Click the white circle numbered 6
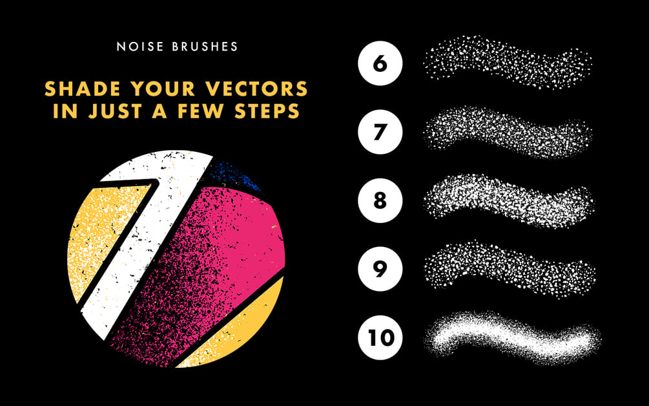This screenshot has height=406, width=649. pyautogui.click(x=380, y=63)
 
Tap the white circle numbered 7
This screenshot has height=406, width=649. pyautogui.click(x=380, y=132)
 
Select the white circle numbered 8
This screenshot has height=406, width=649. pyautogui.click(x=380, y=200)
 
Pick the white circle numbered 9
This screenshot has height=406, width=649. pyautogui.click(x=380, y=269)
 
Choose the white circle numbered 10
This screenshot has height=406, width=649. pyautogui.click(x=380, y=337)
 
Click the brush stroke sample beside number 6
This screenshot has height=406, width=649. pyautogui.click(x=508, y=62)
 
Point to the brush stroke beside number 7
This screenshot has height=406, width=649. pyautogui.click(x=508, y=132)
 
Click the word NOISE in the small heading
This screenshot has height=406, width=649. pyautogui.click(x=140, y=47)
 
